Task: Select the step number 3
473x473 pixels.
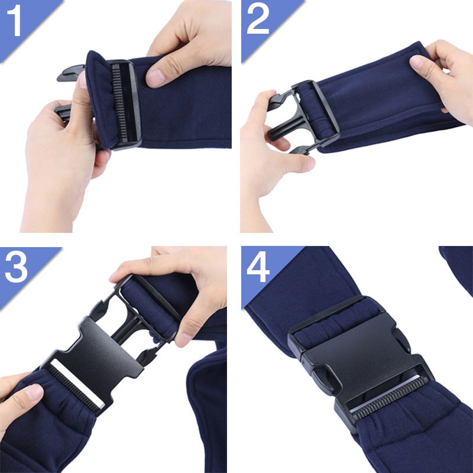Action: click(x=17, y=267)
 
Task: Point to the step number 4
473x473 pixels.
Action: click(x=258, y=267)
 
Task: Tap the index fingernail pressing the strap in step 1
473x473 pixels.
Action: click(x=155, y=77)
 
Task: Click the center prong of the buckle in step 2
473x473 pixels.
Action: click(x=284, y=129)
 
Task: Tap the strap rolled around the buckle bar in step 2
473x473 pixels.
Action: click(x=315, y=112)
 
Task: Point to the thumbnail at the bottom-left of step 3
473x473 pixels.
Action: click(x=34, y=392)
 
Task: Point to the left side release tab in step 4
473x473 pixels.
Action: click(x=320, y=378)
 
